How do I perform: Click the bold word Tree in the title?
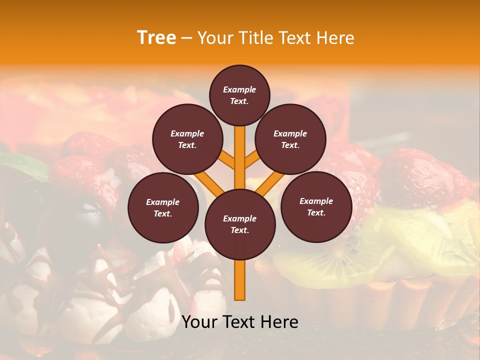tap(156, 38)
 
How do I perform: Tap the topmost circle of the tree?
tap(239, 95)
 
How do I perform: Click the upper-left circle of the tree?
tap(187, 139)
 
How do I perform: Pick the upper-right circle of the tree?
tap(290, 139)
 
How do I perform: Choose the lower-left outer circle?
tap(163, 208)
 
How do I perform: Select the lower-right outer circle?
tap(316, 207)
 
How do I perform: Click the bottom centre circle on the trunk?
tap(240, 224)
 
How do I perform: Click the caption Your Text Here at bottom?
tap(240, 322)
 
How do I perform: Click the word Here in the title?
tap(335, 38)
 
